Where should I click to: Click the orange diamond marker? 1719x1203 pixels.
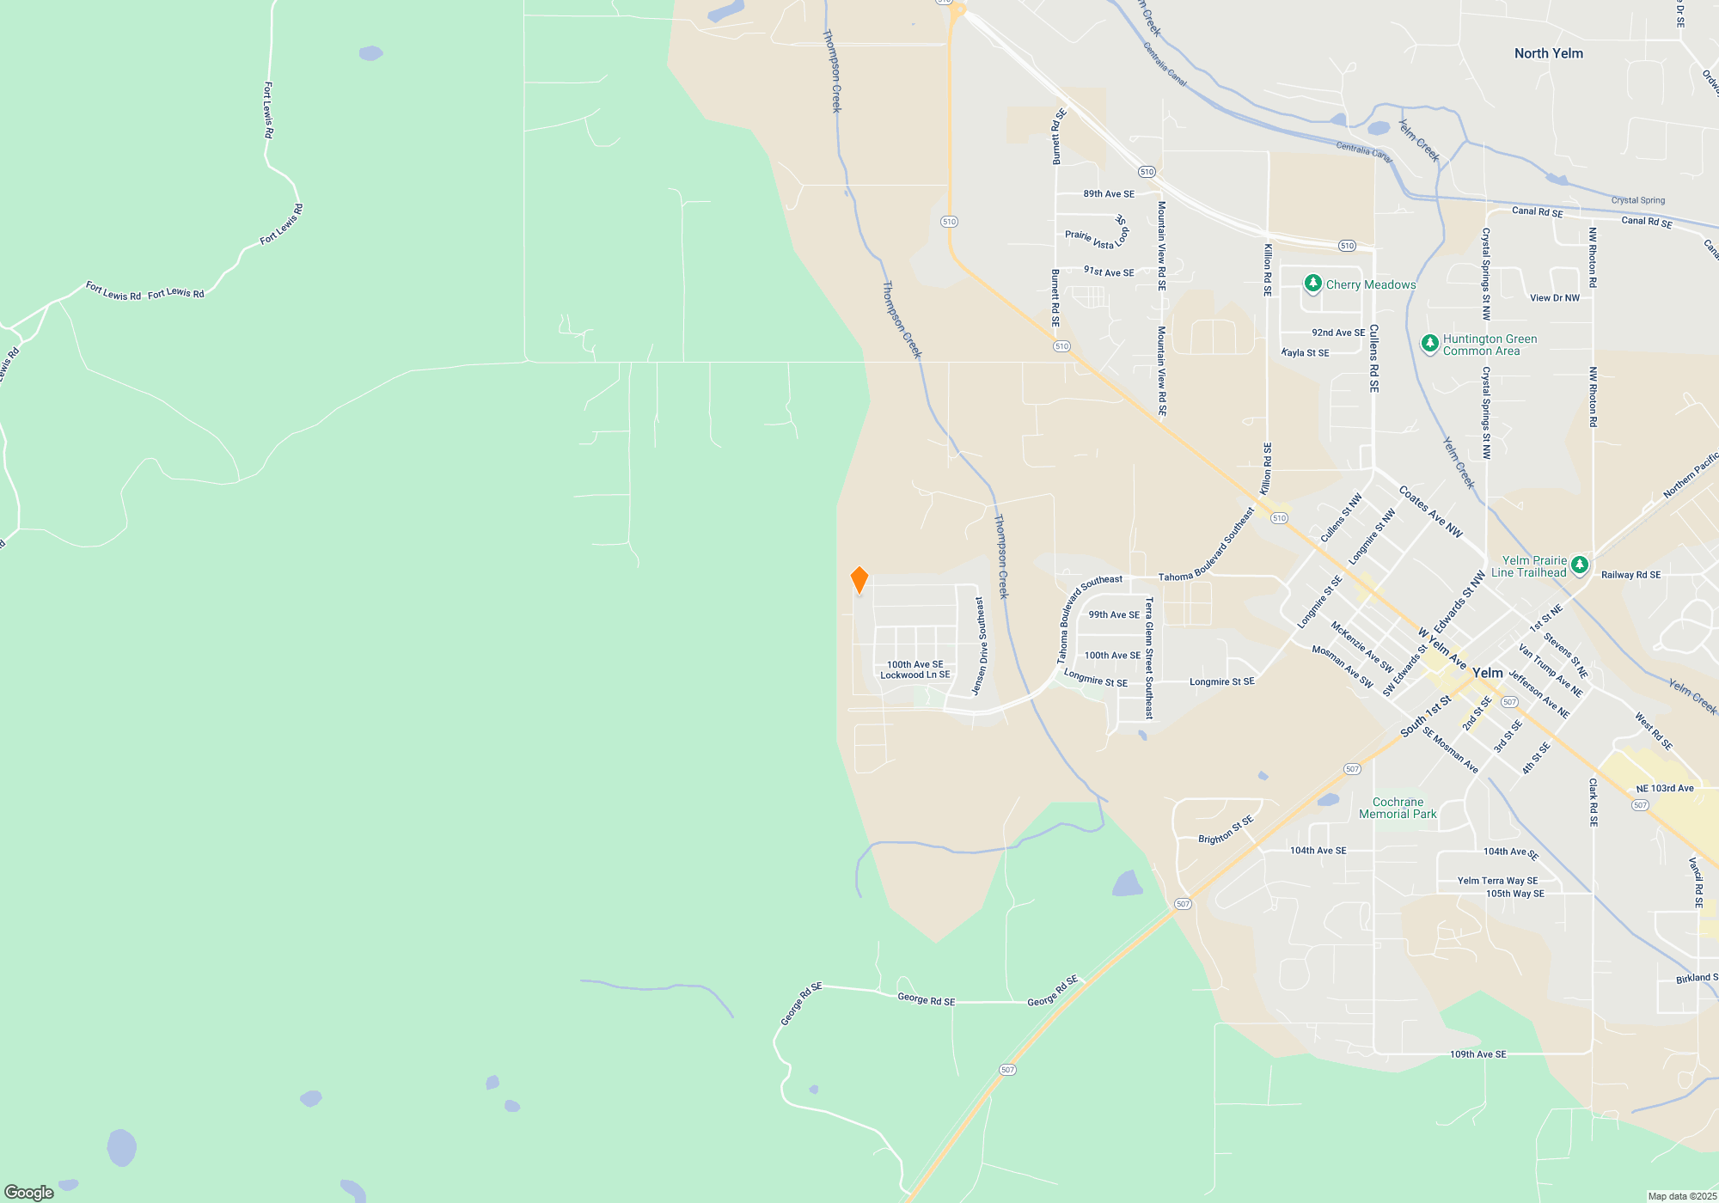coord(859,580)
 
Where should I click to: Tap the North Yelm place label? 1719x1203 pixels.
coord(1548,53)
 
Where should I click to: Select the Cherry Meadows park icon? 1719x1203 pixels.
coord(1312,284)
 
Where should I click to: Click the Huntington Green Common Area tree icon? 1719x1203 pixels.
coord(1429,344)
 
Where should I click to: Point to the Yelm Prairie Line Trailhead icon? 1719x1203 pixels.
coord(1579,565)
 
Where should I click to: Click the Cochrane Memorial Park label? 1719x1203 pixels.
coord(1398,808)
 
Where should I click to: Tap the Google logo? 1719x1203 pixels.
coord(29,1192)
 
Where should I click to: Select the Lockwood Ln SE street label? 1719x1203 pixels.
coord(915,675)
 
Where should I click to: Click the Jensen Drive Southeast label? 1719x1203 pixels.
coord(981,646)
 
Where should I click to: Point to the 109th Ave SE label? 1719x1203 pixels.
coord(1477,1054)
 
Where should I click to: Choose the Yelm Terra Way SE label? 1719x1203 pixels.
coord(1497,881)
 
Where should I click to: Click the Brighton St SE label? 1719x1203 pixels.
coord(1226,830)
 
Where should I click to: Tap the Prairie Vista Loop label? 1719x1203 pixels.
coord(1096,238)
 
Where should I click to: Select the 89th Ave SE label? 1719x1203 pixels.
coord(1109,194)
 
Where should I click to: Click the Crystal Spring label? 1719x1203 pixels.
coord(1637,200)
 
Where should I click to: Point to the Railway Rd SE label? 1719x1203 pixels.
coord(1630,575)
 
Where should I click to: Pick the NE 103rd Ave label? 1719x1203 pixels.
coord(1664,788)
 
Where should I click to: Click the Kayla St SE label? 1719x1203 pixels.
coord(1305,353)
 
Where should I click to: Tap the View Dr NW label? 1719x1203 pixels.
coord(1554,298)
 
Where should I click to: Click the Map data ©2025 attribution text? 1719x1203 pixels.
coord(1681,1196)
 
